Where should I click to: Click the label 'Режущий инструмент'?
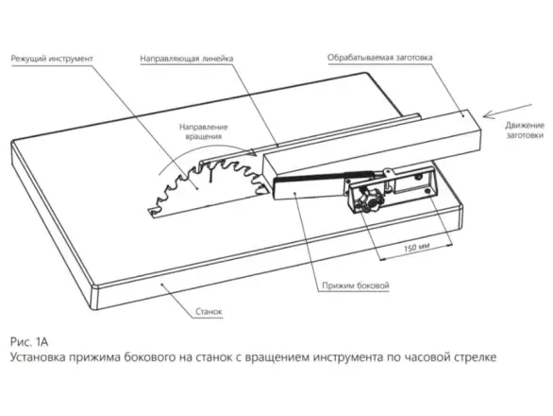pos(52,59)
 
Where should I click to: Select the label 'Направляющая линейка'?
pos(187,59)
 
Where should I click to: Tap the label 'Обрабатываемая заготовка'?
pos(380,58)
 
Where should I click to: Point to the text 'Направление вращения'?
pos(204,131)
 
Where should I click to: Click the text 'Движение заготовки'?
pos(525,130)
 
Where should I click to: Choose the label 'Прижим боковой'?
pos(356,286)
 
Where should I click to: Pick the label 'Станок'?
pos(209,312)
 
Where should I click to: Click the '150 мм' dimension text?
pos(416,248)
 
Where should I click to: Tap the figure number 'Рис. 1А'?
pos(29,342)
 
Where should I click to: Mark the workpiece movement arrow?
pos(508,111)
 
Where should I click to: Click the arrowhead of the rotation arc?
pos(252,152)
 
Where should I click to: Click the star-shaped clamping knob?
pos(370,199)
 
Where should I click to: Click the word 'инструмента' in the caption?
pos(347,357)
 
